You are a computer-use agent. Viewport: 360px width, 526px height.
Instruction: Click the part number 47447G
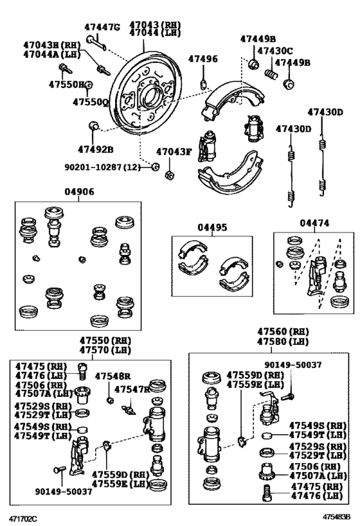(103, 27)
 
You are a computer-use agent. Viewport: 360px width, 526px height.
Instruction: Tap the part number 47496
(203, 59)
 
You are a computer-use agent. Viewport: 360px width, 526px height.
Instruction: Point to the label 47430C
(275, 50)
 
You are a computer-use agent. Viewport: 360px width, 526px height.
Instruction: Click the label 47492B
(96, 149)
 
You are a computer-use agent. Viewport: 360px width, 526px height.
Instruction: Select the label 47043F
(174, 152)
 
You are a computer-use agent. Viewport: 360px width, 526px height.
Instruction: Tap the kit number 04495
(212, 227)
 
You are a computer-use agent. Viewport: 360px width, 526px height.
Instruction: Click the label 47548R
(113, 376)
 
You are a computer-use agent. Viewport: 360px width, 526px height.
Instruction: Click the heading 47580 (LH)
(283, 342)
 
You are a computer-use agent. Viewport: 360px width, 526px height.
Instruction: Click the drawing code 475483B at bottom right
(336, 516)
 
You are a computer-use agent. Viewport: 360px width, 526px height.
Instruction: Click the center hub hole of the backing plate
(154, 98)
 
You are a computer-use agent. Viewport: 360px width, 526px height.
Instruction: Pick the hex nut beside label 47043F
(168, 174)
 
